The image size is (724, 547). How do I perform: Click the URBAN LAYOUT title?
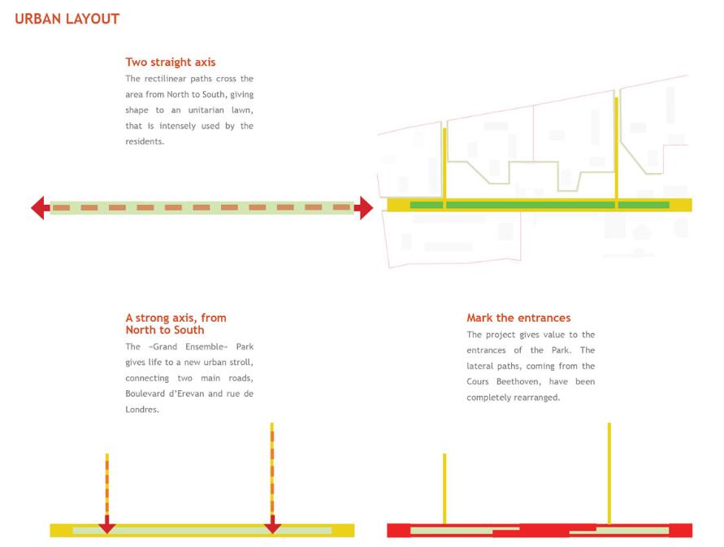point(67,19)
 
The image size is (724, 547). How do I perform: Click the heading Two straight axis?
point(171,63)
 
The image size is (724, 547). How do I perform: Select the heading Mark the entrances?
point(518,318)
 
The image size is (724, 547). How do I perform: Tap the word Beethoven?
point(518,382)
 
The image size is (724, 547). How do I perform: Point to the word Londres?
point(141,410)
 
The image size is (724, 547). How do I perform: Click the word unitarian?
point(206,110)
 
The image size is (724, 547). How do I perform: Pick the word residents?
point(145,141)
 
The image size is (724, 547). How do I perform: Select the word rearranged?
point(536,397)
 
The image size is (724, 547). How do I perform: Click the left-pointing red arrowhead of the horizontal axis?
point(40,208)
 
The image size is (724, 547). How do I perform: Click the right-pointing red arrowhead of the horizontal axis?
point(364,208)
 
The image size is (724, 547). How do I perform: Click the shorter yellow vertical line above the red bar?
point(444,488)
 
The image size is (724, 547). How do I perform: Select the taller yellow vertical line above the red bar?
point(609,474)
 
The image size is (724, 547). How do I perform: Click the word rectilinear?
point(165,79)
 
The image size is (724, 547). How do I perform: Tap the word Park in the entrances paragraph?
point(561,350)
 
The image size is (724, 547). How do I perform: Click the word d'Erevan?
point(182,393)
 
